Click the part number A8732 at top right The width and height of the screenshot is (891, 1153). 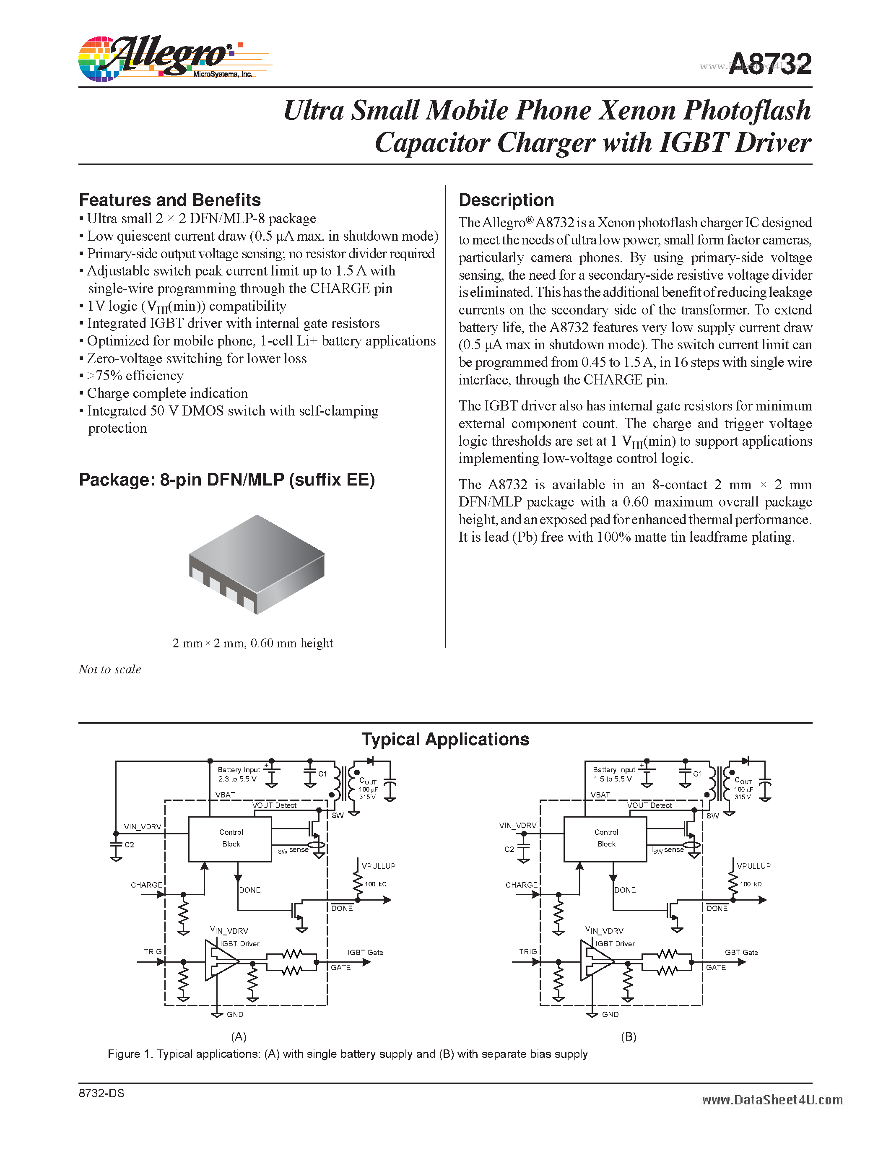click(x=769, y=65)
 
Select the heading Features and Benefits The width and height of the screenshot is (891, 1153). click(x=169, y=200)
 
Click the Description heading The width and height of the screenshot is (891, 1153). click(x=506, y=200)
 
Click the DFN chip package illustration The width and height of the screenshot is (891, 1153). click(x=257, y=564)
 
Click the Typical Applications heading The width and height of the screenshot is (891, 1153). click(x=445, y=739)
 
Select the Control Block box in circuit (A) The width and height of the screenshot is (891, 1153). click(x=230, y=839)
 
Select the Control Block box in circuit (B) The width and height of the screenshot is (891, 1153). click(x=605, y=839)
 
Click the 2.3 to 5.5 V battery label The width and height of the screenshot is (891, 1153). click(x=237, y=779)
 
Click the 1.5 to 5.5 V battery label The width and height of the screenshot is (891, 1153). click(x=612, y=779)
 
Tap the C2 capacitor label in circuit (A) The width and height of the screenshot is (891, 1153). click(x=129, y=845)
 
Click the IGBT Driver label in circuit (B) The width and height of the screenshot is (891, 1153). click(x=614, y=943)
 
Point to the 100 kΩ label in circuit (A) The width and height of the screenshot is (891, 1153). click(x=375, y=884)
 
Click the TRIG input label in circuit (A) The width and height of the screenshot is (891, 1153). click(x=153, y=951)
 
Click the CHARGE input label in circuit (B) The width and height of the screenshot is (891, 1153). click(x=521, y=885)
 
